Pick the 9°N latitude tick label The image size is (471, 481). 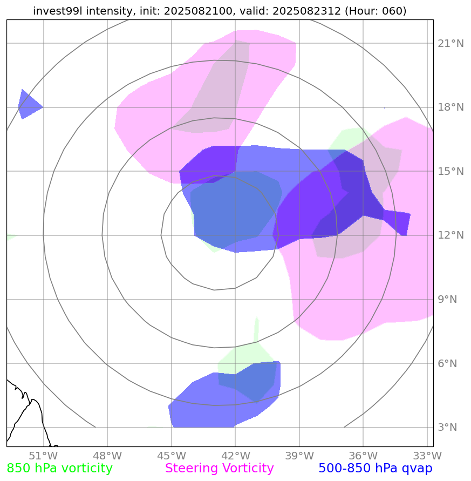pos(447,300)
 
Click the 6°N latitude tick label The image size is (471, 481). pos(447,364)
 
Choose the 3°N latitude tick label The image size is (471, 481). pos(447,428)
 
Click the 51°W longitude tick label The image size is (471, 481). pos(43,455)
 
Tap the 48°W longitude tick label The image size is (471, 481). pos(107,455)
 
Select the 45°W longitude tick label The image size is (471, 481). pos(171,455)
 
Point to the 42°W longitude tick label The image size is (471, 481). pos(235,455)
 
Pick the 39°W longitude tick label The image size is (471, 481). pos(299,455)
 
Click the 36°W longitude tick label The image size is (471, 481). pos(363,455)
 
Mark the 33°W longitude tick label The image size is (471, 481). pos(427,455)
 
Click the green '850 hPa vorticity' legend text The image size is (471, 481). pos(59,469)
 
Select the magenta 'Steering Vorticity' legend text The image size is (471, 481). pos(220,469)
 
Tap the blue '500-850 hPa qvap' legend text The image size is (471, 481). pos(376,469)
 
